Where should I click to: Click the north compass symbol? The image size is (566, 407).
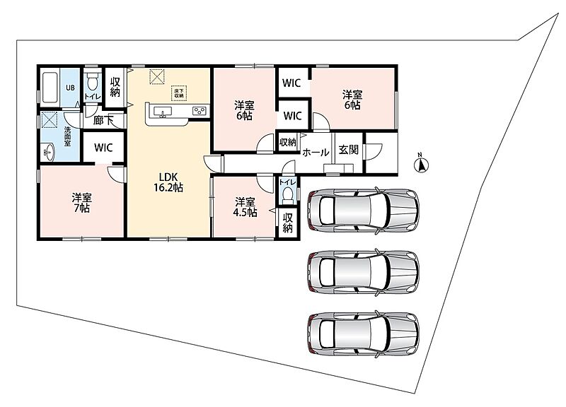(x=421, y=164)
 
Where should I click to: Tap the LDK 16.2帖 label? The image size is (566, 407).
(x=168, y=182)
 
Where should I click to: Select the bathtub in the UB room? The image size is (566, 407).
(x=50, y=88)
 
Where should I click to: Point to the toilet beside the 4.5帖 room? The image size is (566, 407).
(x=288, y=193)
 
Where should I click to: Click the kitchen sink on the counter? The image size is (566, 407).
(x=163, y=112)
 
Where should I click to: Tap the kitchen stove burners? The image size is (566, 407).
(x=199, y=111)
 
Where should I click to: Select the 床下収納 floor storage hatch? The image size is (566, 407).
(x=179, y=93)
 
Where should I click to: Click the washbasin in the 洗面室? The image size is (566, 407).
(x=48, y=152)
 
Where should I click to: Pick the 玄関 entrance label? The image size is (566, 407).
(x=348, y=150)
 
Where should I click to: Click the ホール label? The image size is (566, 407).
(x=316, y=153)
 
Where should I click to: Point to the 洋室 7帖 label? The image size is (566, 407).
(x=82, y=203)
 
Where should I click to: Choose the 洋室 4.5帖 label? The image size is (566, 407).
(x=245, y=207)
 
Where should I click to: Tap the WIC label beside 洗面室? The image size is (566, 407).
(x=103, y=148)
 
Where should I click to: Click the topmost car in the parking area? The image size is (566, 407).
(x=363, y=210)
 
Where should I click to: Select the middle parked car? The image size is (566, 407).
(x=363, y=271)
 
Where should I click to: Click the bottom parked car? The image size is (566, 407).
(x=363, y=334)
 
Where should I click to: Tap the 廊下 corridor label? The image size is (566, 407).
(x=103, y=120)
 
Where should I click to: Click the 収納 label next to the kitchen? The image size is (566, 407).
(x=115, y=87)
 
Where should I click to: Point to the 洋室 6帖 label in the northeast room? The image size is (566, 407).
(x=352, y=100)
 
